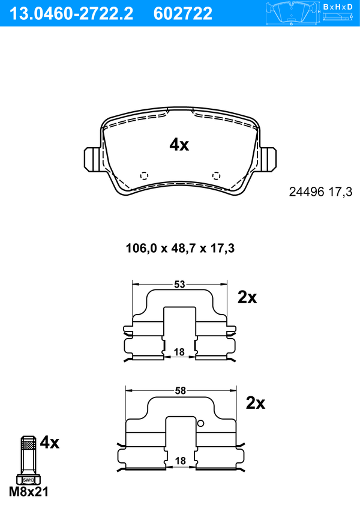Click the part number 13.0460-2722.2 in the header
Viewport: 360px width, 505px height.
pyautogui.click(x=71, y=14)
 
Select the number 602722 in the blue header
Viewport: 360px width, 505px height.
pyautogui.click(x=183, y=14)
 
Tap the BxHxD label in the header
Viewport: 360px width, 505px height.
pyautogui.click(x=338, y=7)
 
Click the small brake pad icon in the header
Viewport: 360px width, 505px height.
pyautogui.click(x=292, y=13)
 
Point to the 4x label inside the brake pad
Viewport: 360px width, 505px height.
pyautogui.click(x=179, y=145)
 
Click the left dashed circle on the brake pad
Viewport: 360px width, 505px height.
pyautogui.click(x=144, y=176)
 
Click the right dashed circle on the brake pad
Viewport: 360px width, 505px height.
pyautogui.click(x=217, y=176)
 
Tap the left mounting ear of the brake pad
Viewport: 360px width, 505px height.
pyautogui.click(x=92, y=159)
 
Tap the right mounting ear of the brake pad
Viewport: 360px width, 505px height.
pyautogui.click(x=268, y=159)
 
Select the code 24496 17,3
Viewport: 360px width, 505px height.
pyautogui.click(x=321, y=192)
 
